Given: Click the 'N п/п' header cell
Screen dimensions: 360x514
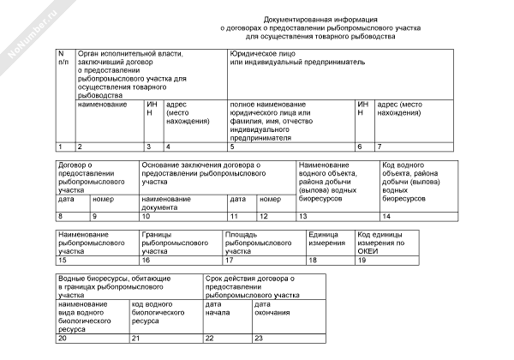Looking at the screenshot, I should (x=63, y=58).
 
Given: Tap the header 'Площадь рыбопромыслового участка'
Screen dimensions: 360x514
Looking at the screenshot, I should (x=254, y=243).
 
